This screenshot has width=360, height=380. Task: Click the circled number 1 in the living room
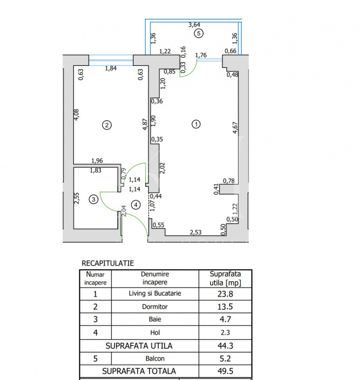tap(196, 125)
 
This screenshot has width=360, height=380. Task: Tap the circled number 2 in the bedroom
tap(107, 125)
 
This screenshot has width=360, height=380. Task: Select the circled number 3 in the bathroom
tap(93, 199)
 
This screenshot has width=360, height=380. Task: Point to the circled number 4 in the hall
tap(136, 205)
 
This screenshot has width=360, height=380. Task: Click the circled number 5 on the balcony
tap(199, 33)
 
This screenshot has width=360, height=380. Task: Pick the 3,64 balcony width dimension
tap(194, 24)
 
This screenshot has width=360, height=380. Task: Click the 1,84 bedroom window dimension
tap(111, 68)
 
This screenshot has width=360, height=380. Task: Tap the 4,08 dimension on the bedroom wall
tap(77, 115)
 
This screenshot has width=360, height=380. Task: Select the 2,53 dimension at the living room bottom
tap(196, 232)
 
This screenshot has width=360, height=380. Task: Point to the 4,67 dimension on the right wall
tap(235, 128)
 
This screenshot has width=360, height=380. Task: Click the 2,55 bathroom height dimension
tap(77, 198)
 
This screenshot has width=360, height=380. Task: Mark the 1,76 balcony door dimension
tap(201, 55)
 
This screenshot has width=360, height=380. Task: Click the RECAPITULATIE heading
tap(108, 263)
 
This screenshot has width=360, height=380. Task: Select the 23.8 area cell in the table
tap(225, 294)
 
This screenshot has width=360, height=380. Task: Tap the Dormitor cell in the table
tap(155, 307)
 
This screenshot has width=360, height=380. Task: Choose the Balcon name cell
tap(155, 358)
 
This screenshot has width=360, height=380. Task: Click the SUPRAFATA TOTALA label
tap(139, 371)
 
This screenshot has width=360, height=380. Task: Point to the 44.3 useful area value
tap(225, 346)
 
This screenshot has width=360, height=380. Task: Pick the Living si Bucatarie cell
tap(155, 293)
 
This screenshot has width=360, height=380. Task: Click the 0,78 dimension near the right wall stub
tap(229, 181)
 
